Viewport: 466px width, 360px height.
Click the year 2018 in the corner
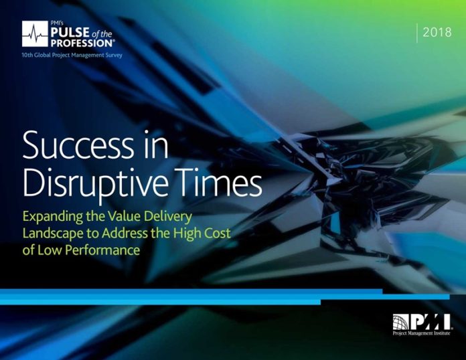[437, 32]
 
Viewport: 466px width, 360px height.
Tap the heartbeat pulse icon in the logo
[35, 34]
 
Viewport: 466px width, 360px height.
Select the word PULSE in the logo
[70, 32]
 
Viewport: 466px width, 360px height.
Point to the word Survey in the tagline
[114, 56]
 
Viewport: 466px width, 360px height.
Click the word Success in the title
[78, 146]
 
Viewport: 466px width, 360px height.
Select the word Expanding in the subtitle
[53, 217]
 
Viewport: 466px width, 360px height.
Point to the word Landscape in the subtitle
[53, 234]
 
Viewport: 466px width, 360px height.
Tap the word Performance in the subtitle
[102, 250]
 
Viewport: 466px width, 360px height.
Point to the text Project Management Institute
[421, 333]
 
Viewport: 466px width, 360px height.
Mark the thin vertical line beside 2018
[416, 33]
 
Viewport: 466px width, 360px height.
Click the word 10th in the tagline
[27, 56]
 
